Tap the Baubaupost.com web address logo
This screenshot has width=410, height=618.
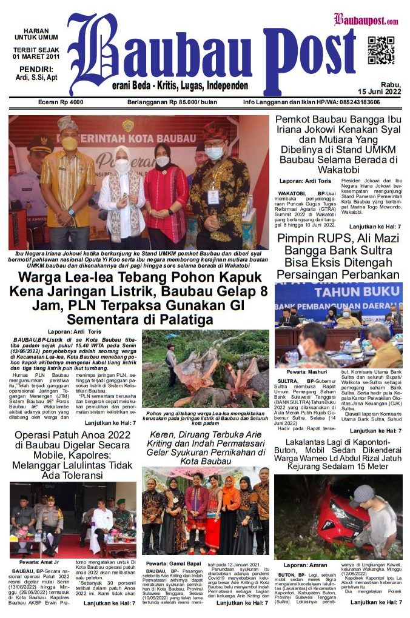[366, 20]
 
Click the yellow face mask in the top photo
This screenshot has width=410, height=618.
[70, 144]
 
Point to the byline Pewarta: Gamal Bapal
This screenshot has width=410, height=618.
[174, 563]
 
